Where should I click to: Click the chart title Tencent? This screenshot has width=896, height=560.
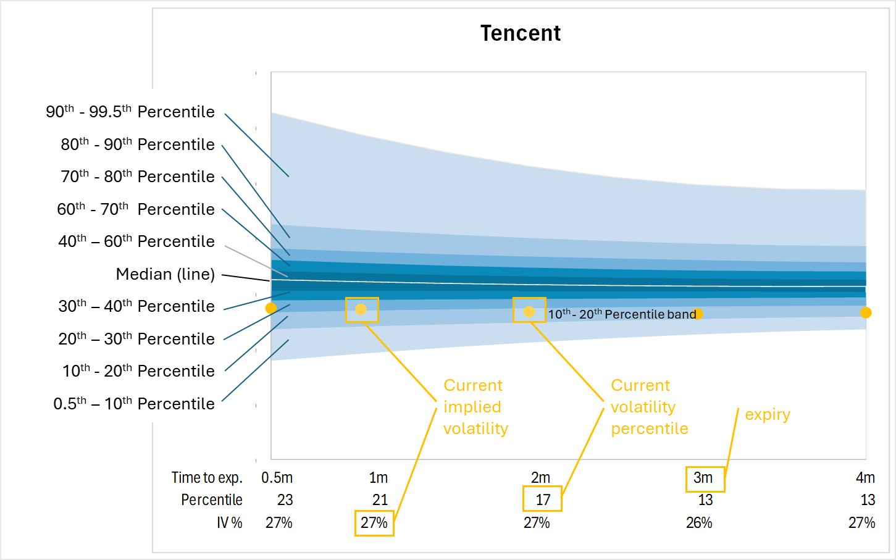(521, 33)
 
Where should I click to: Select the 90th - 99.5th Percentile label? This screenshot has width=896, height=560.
(130, 112)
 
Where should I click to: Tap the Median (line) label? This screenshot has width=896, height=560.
(165, 274)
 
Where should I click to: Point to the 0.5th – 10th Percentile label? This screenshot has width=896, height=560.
(133, 404)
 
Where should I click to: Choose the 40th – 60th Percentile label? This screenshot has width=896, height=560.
(136, 241)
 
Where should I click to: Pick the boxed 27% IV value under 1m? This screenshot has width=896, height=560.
(374, 523)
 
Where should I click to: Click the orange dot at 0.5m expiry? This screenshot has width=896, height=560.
(271, 308)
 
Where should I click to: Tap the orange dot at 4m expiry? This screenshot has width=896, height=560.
(866, 312)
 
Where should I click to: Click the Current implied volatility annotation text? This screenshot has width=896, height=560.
(475, 407)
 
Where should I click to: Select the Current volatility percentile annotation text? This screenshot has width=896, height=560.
(650, 407)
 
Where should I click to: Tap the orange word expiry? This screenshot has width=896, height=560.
(768, 415)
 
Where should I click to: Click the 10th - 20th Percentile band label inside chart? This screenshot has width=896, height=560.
(622, 314)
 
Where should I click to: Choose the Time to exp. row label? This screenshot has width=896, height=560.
(207, 478)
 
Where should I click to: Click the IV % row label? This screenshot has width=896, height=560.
(230, 523)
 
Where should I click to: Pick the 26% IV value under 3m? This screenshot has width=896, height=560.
(699, 523)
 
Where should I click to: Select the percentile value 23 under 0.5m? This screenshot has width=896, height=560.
(285, 500)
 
